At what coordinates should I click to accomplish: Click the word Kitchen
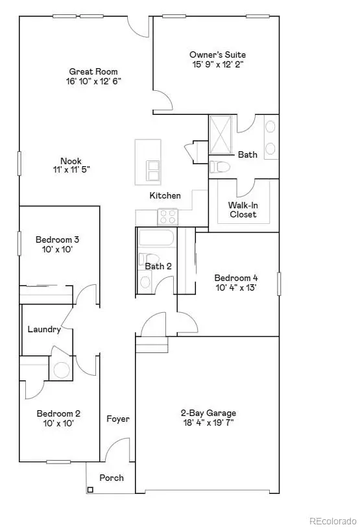165,195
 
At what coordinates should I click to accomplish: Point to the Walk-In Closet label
243,210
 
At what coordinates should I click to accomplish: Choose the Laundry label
44,329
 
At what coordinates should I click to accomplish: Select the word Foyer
118,419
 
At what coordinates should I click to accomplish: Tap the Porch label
111,478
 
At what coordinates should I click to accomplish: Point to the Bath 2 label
158,266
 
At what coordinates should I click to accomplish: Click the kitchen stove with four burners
168,216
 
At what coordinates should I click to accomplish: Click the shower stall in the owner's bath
222,135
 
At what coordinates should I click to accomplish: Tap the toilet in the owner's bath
219,167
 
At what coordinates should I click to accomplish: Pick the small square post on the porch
90,489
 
